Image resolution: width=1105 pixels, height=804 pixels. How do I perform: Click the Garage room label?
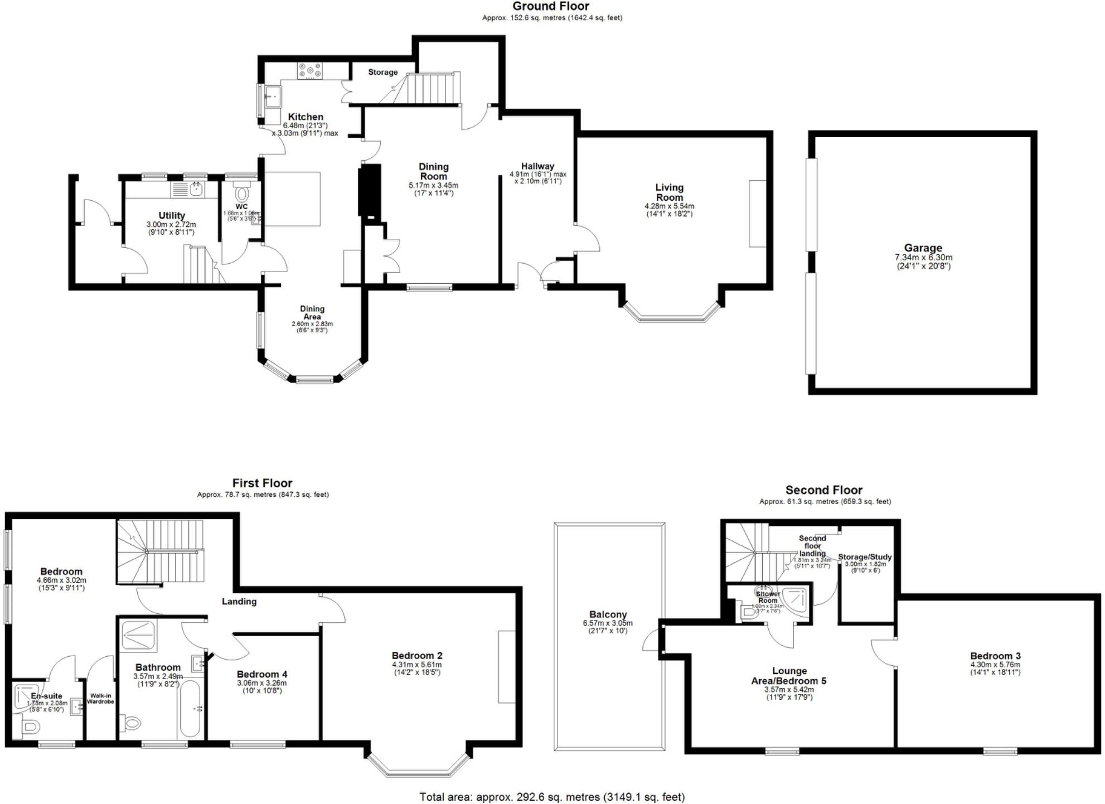[923, 248]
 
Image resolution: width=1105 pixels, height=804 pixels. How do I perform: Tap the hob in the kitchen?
[310, 70]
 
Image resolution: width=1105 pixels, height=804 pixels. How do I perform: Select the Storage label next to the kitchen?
[382, 72]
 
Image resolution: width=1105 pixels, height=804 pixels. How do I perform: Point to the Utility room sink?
[196, 190]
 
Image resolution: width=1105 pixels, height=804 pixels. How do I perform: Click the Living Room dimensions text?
[669, 210]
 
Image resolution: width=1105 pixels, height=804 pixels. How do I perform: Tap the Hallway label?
[537, 166]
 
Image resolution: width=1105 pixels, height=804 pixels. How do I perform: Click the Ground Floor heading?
[550, 6]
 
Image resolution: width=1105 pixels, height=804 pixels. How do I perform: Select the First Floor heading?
[262, 483]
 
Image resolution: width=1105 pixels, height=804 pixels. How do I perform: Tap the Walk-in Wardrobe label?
[100, 699]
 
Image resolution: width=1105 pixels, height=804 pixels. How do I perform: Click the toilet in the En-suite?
[30, 727]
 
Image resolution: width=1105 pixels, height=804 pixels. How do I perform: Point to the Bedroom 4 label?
[261, 674]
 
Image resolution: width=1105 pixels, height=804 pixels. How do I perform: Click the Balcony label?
[608, 614]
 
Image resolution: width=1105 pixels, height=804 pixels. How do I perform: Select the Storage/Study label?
[864, 557]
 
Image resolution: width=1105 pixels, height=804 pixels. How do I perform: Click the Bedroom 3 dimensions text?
[995, 668]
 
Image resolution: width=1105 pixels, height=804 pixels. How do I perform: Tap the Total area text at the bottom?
[551, 797]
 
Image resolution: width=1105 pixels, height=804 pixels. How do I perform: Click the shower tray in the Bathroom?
[138, 636]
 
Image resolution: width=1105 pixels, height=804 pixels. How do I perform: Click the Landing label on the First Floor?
[239, 601]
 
